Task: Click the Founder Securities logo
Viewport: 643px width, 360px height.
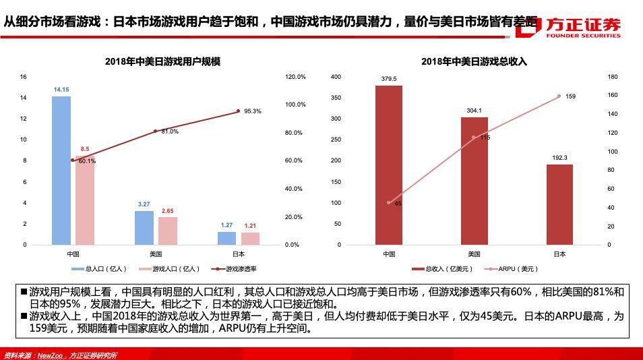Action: [582, 26]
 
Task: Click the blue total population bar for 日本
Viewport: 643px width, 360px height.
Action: [226, 238]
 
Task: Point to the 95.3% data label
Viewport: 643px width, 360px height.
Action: [253, 111]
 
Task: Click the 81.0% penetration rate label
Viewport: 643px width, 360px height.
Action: [170, 131]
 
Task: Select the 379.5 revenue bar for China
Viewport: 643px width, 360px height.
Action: [389, 164]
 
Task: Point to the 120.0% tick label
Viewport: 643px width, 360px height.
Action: [295, 77]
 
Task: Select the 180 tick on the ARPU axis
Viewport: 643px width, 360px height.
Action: [612, 77]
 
